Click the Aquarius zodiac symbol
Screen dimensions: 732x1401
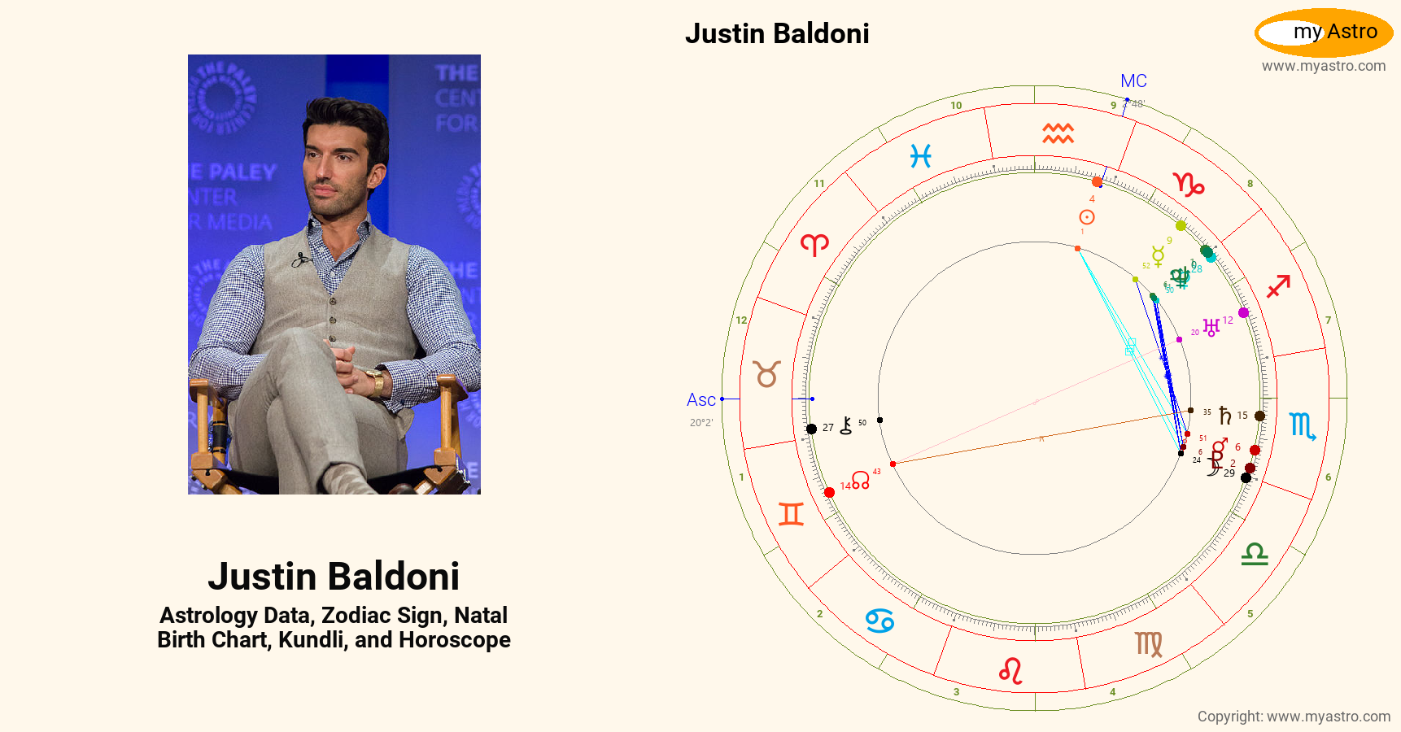click(x=1058, y=133)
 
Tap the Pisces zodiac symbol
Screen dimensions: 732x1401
click(x=920, y=155)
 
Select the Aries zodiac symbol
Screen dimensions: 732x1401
click(x=814, y=244)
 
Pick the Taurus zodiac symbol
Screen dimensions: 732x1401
click(x=766, y=374)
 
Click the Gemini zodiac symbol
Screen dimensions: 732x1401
click(x=791, y=514)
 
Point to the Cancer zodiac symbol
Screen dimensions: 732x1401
click(x=879, y=621)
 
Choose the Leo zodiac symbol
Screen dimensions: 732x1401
click(x=1010, y=670)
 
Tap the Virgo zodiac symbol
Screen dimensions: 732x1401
click(x=1149, y=644)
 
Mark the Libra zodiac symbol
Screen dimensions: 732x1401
click(x=1255, y=555)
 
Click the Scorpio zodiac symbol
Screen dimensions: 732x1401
click(x=1303, y=425)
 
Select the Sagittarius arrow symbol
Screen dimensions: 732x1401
click(x=1278, y=286)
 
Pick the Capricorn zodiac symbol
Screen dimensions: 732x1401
click(x=1188, y=185)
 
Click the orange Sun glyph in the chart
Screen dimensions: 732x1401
click(x=1086, y=217)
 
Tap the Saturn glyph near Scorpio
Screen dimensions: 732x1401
click(x=1224, y=416)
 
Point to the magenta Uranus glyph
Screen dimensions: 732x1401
click(x=1211, y=327)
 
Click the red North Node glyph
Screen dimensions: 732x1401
click(x=861, y=480)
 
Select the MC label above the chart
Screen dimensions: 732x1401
click(x=1133, y=81)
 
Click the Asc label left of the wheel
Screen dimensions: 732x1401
click(x=700, y=400)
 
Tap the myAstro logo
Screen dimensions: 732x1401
click(x=1324, y=33)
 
